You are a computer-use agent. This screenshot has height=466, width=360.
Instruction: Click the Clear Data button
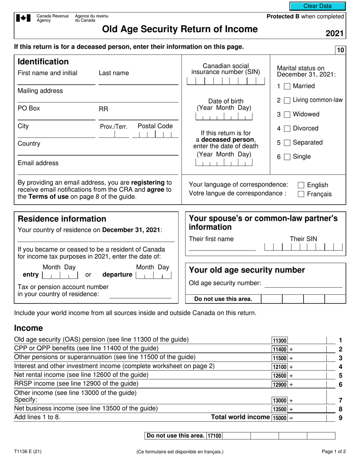318,6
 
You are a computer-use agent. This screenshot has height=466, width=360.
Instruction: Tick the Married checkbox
287,86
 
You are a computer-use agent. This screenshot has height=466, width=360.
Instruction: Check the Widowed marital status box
287,114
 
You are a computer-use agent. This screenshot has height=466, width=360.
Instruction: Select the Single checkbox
287,157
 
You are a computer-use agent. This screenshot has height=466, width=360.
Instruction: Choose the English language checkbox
301,185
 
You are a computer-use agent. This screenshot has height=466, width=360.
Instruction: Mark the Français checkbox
301,194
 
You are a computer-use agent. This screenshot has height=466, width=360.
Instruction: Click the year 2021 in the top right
334,33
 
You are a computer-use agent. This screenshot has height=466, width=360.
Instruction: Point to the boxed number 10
340,50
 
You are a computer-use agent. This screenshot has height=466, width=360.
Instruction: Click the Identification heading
43,62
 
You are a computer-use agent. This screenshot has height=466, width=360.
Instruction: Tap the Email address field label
38,163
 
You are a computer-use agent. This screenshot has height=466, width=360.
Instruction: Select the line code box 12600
280,375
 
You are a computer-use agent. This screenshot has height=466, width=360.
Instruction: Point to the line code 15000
280,418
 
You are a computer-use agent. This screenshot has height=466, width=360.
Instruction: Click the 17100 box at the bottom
214,436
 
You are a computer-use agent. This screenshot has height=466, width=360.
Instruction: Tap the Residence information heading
62,219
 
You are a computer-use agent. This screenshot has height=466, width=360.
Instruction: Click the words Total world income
240,417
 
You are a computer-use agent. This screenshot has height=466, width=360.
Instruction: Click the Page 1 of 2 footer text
333,451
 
